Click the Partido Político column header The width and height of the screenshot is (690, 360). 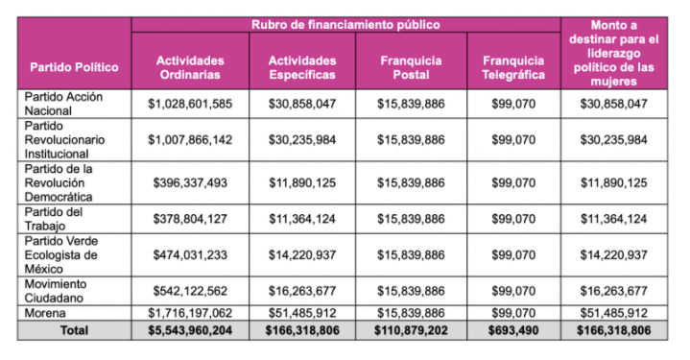(x=74, y=67)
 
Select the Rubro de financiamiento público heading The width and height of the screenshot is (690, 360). (x=346, y=23)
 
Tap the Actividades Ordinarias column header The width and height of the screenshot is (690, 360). (x=189, y=67)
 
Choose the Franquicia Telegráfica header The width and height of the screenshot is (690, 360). (x=513, y=67)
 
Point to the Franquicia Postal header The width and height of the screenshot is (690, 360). (x=411, y=67)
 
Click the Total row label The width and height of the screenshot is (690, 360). (x=74, y=330)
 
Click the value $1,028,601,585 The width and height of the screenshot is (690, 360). (x=189, y=104)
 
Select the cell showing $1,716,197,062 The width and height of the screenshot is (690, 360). (x=189, y=313)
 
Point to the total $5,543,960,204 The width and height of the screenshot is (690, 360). (x=189, y=330)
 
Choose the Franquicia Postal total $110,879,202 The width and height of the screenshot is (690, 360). (x=411, y=330)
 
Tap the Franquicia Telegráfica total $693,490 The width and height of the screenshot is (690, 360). (x=513, y=330)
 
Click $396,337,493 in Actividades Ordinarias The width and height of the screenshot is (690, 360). (x=189, y=182)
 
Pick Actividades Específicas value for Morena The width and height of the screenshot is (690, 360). (x=302, y=313)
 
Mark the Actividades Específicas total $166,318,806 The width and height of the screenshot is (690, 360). (x=302, y=330)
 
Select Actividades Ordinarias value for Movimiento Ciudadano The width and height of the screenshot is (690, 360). (x=189, y=291)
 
